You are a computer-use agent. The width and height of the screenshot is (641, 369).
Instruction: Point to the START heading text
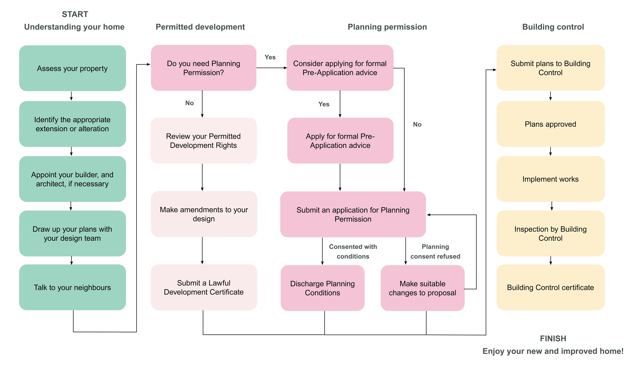coord(75,14)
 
